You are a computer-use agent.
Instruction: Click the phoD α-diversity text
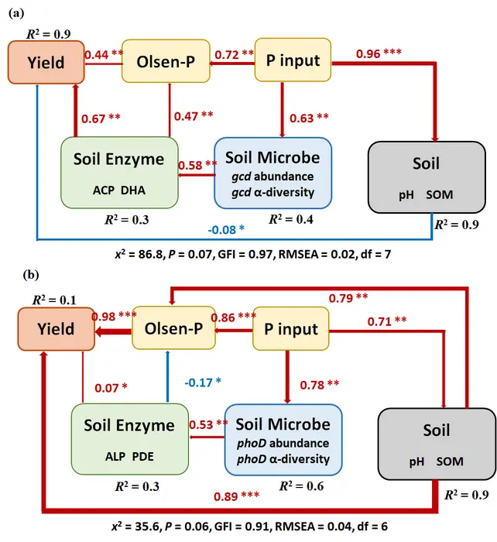click(x=283, y=458)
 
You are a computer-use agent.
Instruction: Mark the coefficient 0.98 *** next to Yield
click(x=112, y=317)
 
